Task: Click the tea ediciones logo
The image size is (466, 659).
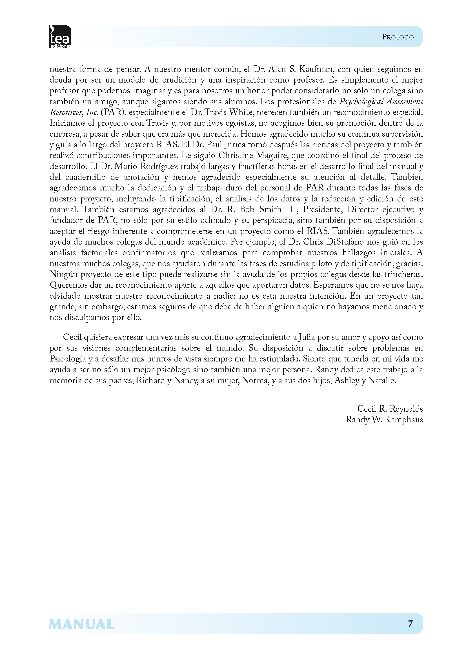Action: click(x=60, y=37)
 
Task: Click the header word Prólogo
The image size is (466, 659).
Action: click(x=398, y=37)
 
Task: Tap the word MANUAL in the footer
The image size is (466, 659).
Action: click(x=81, y=624)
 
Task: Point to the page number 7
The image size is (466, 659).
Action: click(x=410, y=624)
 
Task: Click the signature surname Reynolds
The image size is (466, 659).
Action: click(x=406, y=409)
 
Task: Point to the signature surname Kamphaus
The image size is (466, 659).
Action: click(x=403, y=420)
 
